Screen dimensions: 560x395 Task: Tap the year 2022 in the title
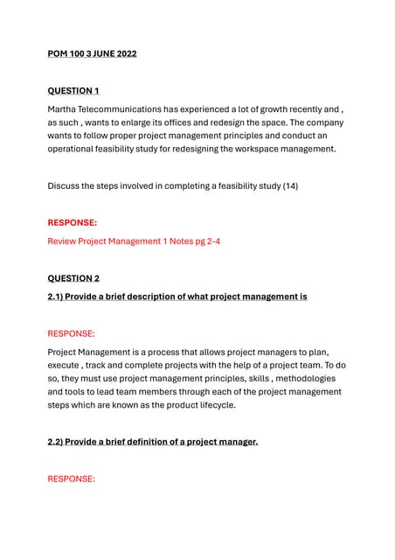(123, 54)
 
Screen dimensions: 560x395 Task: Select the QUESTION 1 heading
(73, 91)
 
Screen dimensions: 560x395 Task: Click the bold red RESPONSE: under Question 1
(72, 223)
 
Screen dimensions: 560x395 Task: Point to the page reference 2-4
(210, 241)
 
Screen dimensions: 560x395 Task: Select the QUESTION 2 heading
(73, 278)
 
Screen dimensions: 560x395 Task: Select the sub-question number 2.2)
(59, 443)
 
